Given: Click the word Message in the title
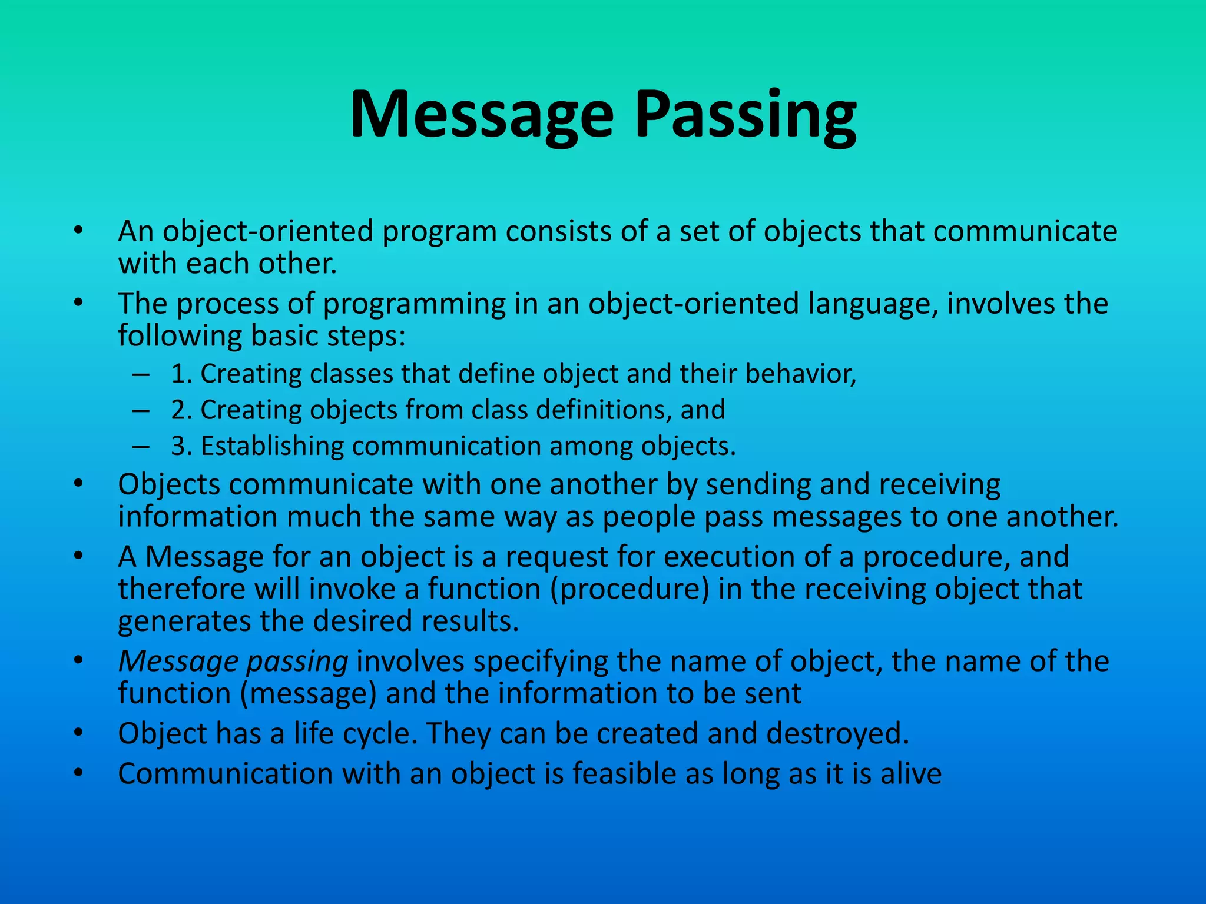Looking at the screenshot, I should [482, 115].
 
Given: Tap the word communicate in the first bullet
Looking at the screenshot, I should [1025, 231].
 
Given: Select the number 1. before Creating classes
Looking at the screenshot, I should [182, 374].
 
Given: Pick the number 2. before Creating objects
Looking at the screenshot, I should [182, 410].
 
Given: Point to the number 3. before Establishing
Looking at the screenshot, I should [182, 446].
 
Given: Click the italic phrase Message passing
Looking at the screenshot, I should [233, 662].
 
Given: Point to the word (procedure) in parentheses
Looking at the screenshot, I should [629, 589].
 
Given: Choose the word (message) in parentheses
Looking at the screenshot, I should [308, 694].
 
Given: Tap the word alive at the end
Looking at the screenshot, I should [911, 773].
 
